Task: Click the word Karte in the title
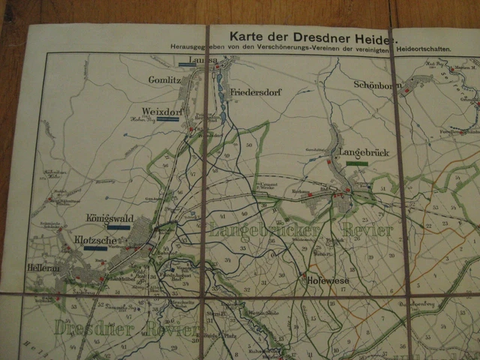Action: pyautogui.click(x=249, y=34)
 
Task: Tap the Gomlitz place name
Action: pyautogui.click(x=164, y=79)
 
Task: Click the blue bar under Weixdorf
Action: pyautogui.click(x=167, y=119)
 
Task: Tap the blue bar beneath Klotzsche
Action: pyautogui.click(x=95, y=247)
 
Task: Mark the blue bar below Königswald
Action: pyautogui.click(x=118, y=226)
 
